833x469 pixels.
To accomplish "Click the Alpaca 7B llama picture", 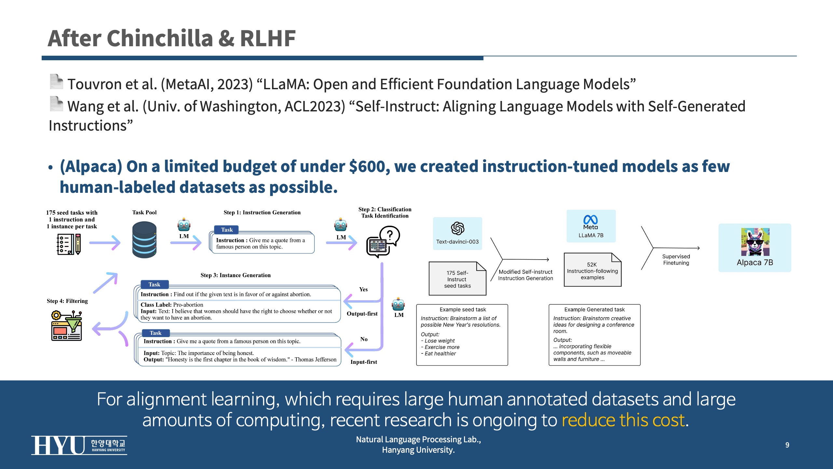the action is (x=755, y=242).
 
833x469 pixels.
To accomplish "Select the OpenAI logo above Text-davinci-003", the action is (x=457, y=228).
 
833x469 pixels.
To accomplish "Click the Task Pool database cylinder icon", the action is (x=144, y=240).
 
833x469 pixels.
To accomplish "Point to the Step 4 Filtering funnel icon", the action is (x=67, y=326).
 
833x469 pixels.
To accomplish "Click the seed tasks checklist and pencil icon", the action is (x=69, y=244).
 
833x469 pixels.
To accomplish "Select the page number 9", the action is (x=787, y=445).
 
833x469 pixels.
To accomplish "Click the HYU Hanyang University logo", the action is (x=79, y=445).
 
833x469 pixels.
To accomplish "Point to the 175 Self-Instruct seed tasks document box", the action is (x=457, y=278).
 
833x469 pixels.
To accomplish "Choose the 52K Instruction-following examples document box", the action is (x=593, y=270).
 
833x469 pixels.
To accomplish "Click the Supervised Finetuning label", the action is (x=676, y=260).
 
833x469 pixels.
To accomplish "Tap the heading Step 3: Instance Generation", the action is (x=236, y=275).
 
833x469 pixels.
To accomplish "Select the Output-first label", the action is (x=362, y=314).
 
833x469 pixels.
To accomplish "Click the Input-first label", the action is (x=364, y=362).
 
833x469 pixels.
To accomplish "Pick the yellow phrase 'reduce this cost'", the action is (x=623, y=420).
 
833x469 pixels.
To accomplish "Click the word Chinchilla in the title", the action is (x=160, y=38).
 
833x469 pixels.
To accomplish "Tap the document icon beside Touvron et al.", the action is (x=56, y=81).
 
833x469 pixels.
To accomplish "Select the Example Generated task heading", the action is (x=594, y=309).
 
